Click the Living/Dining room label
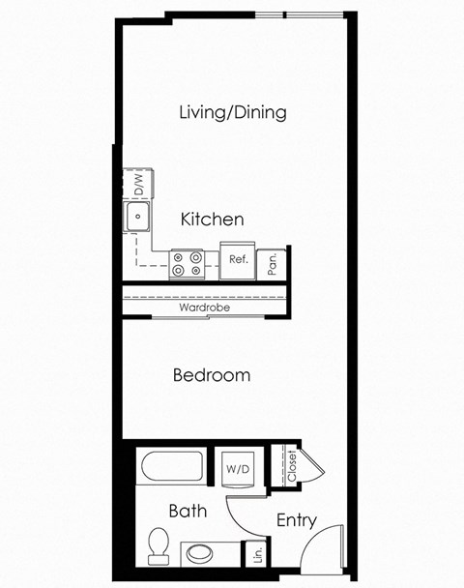[x=233, y=112]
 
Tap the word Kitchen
[x=212, y=220]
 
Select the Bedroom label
[x=212, y=374]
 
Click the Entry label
[x=296, y=520]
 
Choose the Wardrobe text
[x=204, y=309]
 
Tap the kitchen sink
[x=139, y=218]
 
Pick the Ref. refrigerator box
[x=237, y=260]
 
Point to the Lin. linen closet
[x=257, y=555]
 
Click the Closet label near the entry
[x=291, y=466]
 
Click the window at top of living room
[x=299, y=14]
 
